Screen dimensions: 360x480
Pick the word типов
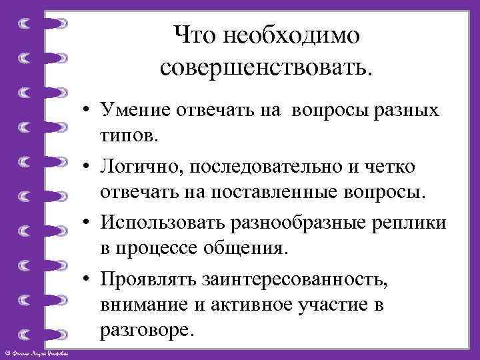(x=130, y=136)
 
